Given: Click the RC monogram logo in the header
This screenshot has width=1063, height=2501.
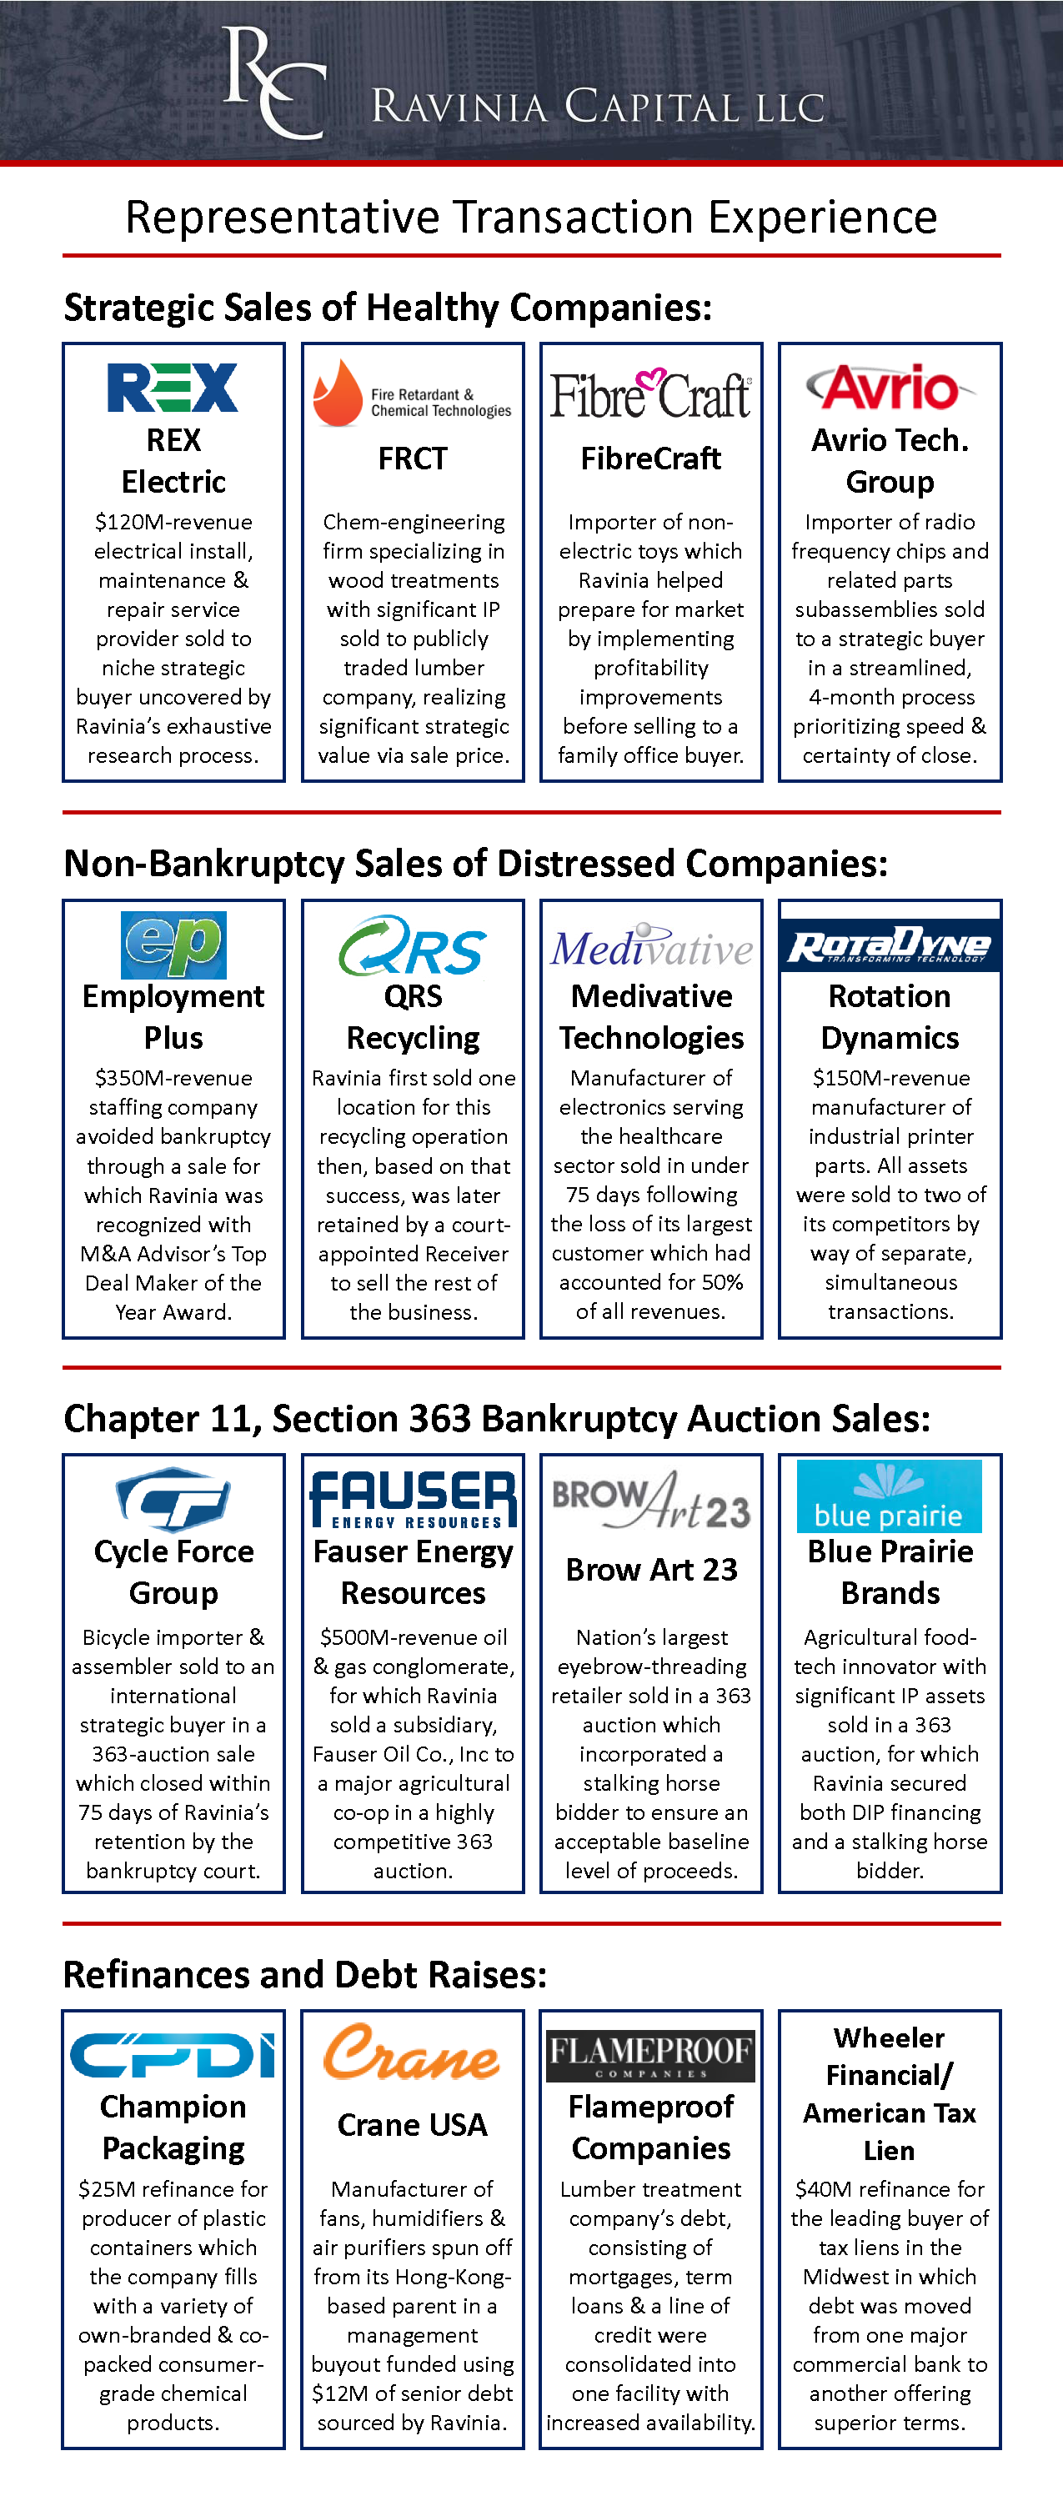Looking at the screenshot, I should tap(273, 83).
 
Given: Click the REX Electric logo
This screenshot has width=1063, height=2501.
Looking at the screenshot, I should tap(173, 388).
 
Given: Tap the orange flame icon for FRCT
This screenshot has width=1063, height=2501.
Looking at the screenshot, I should tap(338, 393).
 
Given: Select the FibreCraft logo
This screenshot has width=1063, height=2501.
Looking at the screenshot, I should tap(650, 395).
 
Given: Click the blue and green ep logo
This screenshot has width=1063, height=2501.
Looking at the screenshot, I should tap(173, 945).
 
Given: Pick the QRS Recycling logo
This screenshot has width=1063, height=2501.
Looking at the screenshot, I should tap(413, 945).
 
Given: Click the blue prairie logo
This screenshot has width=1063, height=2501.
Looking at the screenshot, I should tap(890, 1497).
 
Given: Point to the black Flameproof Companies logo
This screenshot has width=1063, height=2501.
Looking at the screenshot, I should tap(650, 2055).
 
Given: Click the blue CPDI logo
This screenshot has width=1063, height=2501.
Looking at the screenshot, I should tap(173, 2054).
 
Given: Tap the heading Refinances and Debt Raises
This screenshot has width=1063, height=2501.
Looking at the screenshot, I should tap(305, 1975).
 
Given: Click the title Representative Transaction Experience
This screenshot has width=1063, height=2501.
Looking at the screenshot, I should tap(531, 218).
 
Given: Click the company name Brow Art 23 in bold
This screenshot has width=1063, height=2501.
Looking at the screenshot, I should tap(651, 1570).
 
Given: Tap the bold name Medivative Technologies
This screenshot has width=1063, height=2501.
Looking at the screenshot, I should tap(651, 1016).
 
